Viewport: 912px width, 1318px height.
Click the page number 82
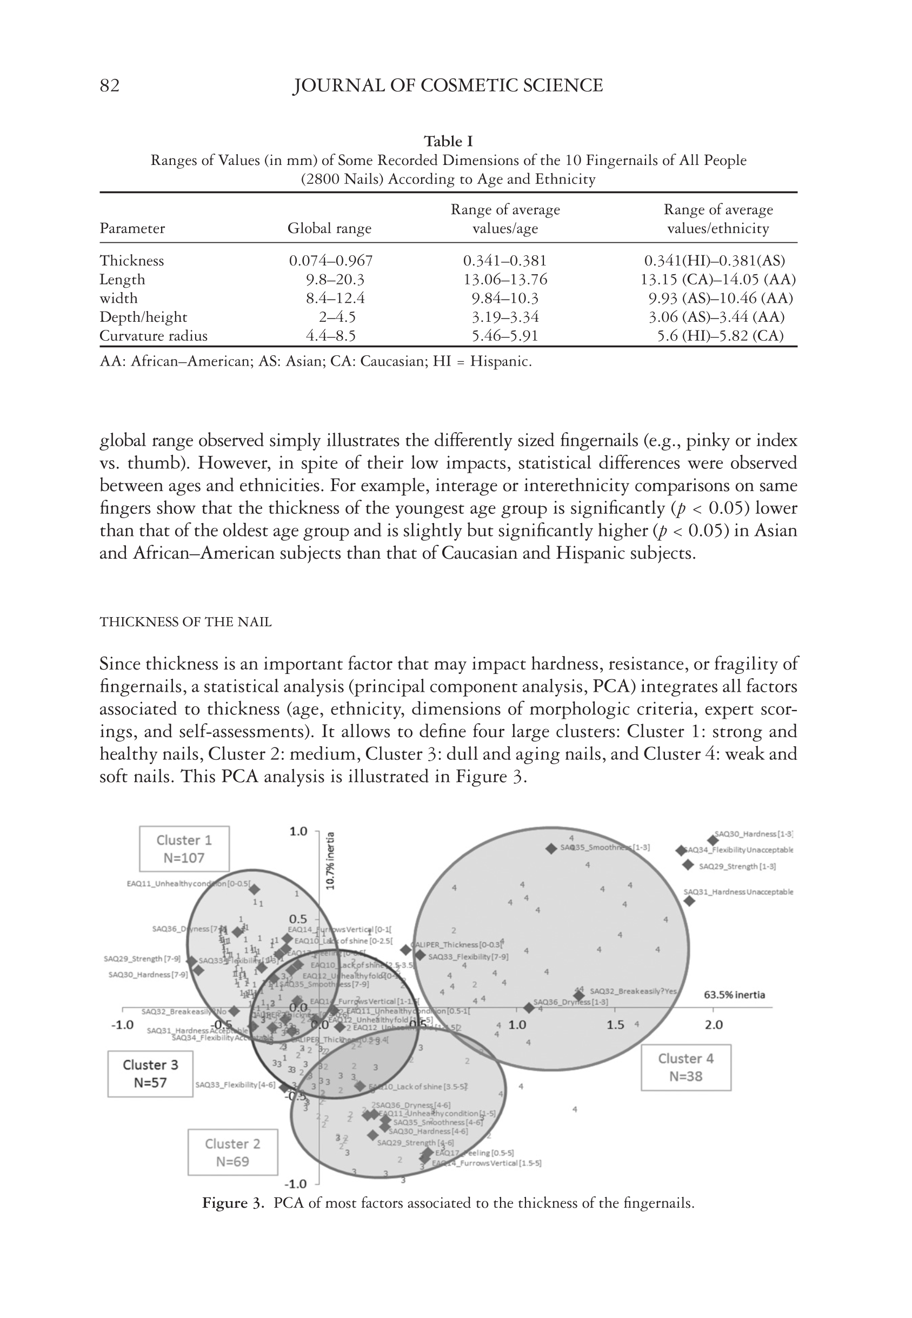pos(110,86)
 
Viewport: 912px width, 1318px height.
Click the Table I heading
pos(448,141)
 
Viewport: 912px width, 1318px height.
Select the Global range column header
pos(329,229)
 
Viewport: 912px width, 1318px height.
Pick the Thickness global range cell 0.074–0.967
pos(331,261)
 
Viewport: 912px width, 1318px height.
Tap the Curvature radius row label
pos(153,336)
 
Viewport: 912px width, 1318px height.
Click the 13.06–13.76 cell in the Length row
pos(505,280)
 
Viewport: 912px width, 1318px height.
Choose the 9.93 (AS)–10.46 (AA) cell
pos(721,299)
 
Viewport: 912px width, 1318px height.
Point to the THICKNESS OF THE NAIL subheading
pos(186,622)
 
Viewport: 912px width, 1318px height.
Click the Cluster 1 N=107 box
pos(184,849)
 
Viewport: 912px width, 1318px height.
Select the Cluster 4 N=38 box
pos(685,1067)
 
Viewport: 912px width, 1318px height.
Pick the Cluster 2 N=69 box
pos(232,1153)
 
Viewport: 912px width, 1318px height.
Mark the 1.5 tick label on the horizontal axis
pos(615,1025)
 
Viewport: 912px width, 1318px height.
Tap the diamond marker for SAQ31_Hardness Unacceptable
pos(689,902)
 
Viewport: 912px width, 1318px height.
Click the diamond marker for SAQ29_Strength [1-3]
pos(688,865)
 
